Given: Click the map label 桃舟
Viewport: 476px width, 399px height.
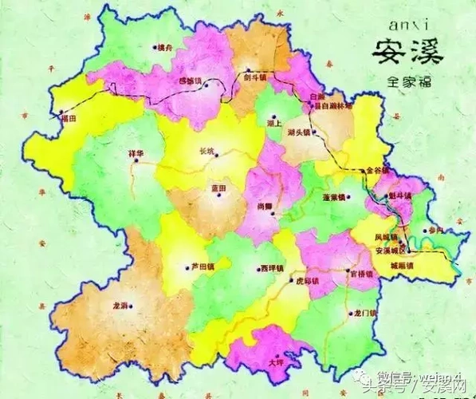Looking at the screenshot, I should coord(166,47).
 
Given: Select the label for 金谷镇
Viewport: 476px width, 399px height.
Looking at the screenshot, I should coord(374,170).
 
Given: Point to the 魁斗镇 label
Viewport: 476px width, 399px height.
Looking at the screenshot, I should coord(399,196).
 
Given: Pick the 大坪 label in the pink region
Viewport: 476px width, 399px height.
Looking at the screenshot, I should coord(276,362).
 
